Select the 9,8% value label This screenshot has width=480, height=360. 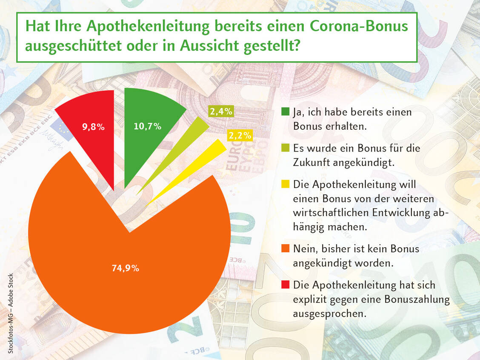[x=93, y=126]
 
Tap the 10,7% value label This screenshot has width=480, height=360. [x=147, y=126]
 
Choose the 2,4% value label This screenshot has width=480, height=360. [x=221, y=112]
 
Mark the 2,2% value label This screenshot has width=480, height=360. [x=240, y=136]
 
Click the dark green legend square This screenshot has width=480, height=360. [x=286, y=112]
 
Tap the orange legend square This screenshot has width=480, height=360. [x=286, y=248]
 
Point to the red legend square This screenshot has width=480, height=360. [x=286, y=285]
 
